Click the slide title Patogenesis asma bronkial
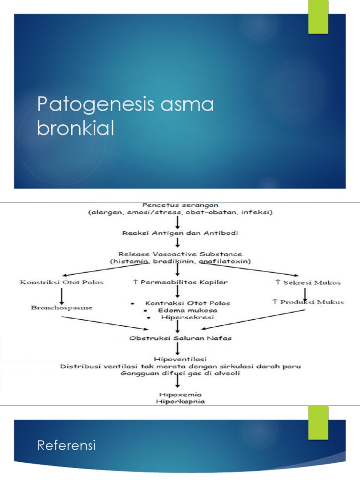pyautogui.click(x=125, y=117)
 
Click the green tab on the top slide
pyautogui.click(x=318, y=17)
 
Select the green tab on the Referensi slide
pyautogui.click(x=318, y=423)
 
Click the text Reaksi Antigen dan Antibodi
pyautogui.click(x=177, y=233)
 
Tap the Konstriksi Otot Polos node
pyautogui.click(x=61, y=282)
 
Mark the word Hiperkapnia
pyautogui.click(x=178, y=402)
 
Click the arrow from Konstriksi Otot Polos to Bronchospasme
pyautogui.click(x=62, y=295)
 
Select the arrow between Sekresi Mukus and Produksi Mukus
pyautogui.click(x=305, y=292)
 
